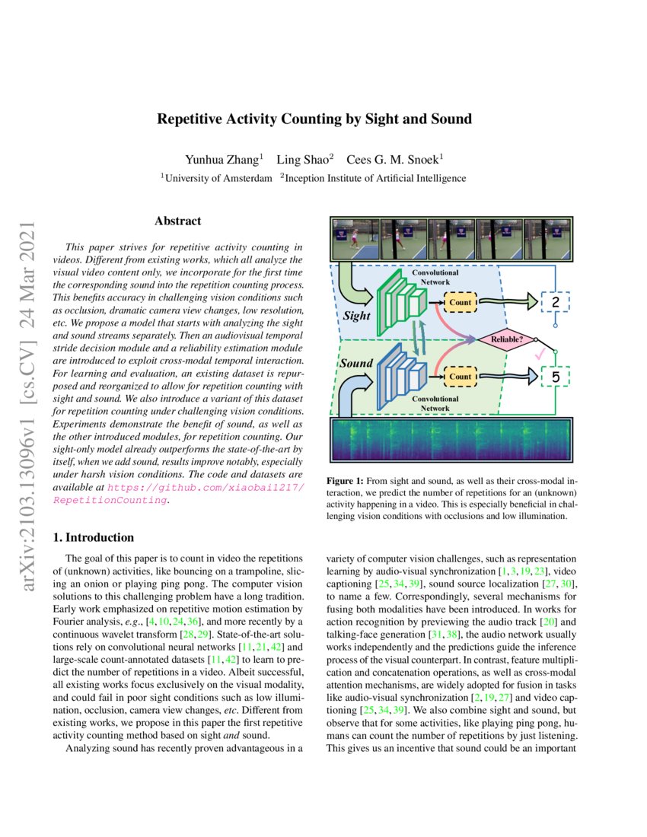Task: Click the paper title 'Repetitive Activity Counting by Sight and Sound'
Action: pyautogui.click(x=314, y=119)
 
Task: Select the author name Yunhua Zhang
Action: pyautogui.click(x=223, y=160)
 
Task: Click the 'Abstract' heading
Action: pyautogui.click(x=177, y=221)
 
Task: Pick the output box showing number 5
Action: pyautogui.click(x=555, y=376)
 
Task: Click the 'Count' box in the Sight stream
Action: pyautogui.click(x=460, y=303)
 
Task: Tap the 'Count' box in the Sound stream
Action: pyautogui.click(x=460, y=376)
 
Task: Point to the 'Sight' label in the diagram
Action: pyautogui.click(x=356, y=315)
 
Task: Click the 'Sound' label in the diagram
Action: pyautogui.click(x=356, y=363)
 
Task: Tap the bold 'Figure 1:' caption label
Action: pyautogui.click(x=346, y=482)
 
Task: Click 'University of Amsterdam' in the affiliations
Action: pyautogui.click(x=218, y=178)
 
